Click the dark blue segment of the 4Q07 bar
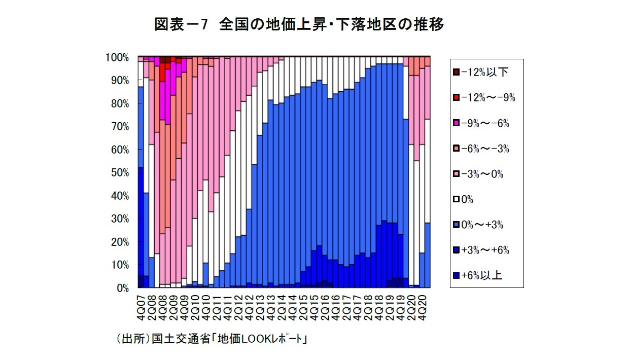(x=141, y=281)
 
